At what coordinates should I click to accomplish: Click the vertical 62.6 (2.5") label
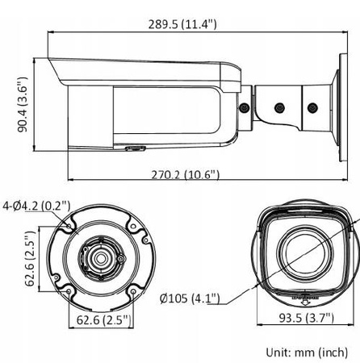click(x=28, y=258)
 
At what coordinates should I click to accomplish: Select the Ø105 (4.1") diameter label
click(x=190, y=299)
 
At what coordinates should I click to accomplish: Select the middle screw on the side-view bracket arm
click(x=278, y=106)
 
